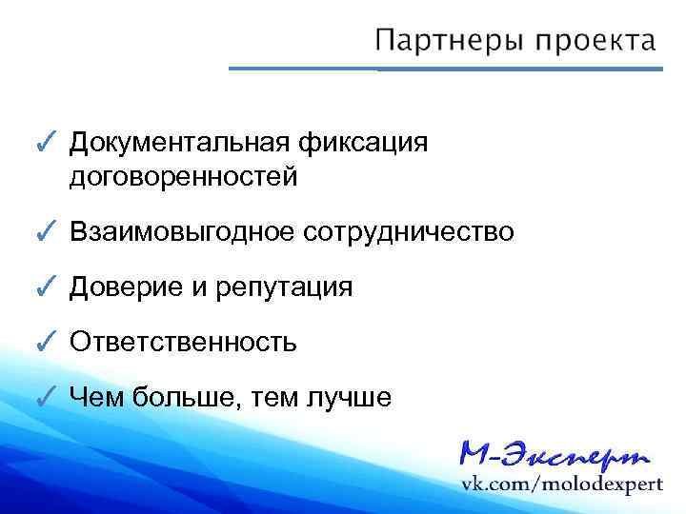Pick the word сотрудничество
408,232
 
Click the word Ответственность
183,342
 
